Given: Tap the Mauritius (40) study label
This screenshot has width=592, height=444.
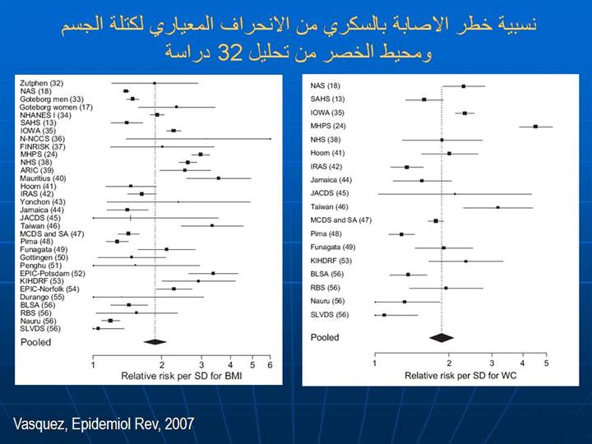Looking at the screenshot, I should coord(43,178).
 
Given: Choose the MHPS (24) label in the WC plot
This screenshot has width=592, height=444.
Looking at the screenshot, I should coord(328,126).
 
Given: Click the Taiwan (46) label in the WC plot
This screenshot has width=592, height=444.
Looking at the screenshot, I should coord(329,206).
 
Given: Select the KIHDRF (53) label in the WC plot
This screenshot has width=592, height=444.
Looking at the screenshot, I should coord(331,261).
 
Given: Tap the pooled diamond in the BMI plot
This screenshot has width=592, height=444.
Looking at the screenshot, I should coord(155,341).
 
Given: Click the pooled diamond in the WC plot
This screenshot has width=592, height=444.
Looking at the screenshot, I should coord(442,337).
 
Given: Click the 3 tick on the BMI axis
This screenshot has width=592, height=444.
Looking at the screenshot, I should coord(201,365).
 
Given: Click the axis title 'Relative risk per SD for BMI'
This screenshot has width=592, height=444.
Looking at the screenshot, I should coord(182,377).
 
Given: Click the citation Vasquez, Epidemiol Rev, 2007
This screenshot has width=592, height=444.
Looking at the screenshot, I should coord(104,424).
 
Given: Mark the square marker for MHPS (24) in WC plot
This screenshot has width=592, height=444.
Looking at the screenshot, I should coord(535,126).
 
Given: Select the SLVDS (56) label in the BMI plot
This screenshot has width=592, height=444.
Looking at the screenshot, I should coord(40,328).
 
